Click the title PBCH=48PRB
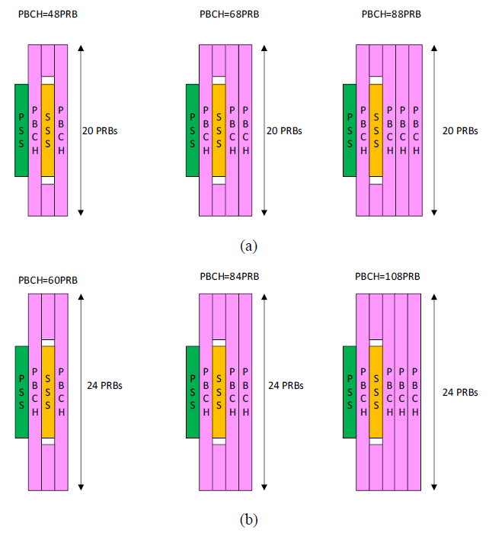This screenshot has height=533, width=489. (x=48, y=14)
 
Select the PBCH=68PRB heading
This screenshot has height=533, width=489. (x=229, y=14)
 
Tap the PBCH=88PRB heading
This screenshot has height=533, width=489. (x=392, y=14)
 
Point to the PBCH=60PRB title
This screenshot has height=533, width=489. (x=48, y=280)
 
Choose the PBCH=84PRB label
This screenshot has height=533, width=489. (x=229, y=276)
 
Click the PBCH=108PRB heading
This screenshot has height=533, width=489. (x=388, y=276)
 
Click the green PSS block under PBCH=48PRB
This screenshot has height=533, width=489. (x=21, y=130)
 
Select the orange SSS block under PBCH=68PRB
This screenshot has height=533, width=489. (x=219, y=130)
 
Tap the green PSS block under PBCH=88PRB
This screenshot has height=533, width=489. (x=350, y=130)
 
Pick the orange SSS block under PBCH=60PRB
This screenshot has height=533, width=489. (x=48, y=392)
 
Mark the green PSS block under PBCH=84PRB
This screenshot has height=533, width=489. (x=193, y=392)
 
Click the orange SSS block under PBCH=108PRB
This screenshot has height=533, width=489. (x=376, y=392)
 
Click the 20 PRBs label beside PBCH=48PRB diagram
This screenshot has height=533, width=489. (x=100, y=131)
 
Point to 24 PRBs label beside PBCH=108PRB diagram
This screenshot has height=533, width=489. (x=460, y=392)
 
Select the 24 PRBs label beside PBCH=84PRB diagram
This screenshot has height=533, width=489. (x=286, y=386)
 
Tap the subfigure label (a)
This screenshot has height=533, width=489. (x=248, y=246)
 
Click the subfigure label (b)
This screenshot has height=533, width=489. (x=248, y=520)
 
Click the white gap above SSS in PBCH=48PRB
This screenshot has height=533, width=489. (x=48, y=80)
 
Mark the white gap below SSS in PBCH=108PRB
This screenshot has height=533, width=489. (x=376, y=441)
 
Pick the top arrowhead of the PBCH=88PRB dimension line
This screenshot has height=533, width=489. (x=434, y=48)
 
